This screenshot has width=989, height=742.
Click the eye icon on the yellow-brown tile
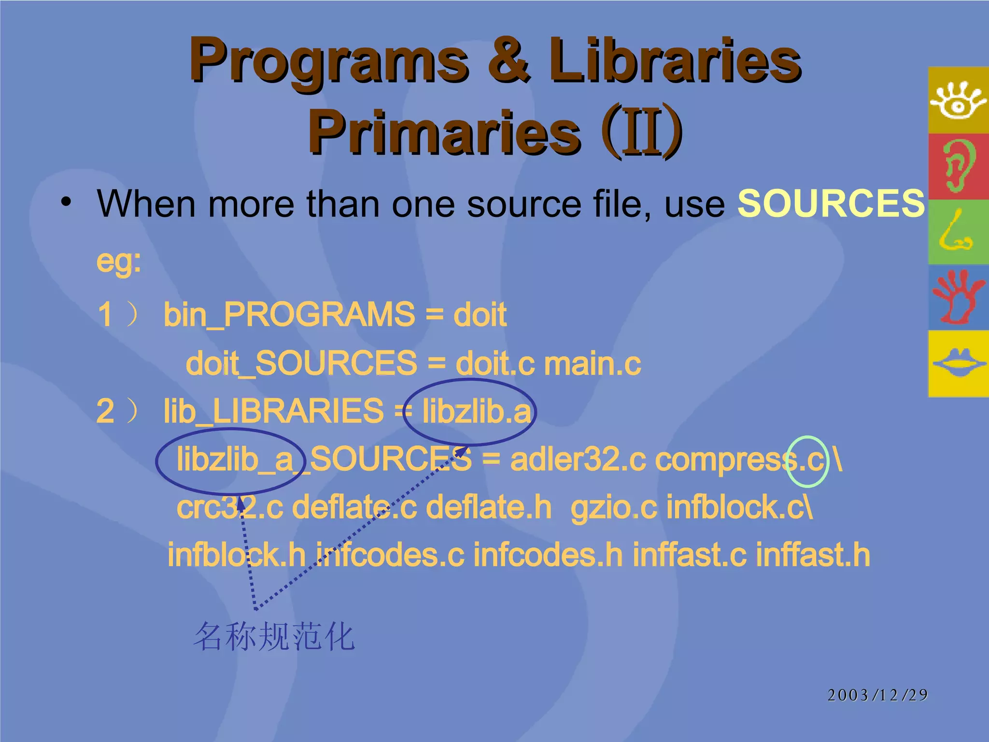pos(958,100)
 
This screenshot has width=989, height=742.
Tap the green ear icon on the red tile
pos(958,166)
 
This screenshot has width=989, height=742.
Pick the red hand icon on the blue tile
pos(958,297)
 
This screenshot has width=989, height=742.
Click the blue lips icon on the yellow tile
pos(958,363)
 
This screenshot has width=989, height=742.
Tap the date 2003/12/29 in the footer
pos(877,695)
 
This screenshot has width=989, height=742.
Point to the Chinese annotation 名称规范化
pos(274,637)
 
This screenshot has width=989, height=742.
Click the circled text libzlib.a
pos(476,412)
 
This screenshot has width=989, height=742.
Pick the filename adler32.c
pos(578,459)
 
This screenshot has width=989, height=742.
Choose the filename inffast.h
pos(813,555)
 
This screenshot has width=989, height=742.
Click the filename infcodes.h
pos(548,555)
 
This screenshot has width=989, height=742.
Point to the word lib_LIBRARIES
pos(273,412)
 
